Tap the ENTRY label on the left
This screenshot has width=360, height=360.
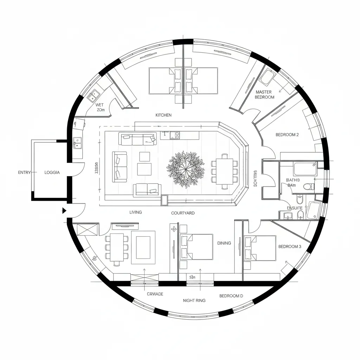tap(25, 173)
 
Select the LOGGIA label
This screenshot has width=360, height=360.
tap(52, 173)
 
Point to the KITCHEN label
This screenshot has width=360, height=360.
tap(163, 115)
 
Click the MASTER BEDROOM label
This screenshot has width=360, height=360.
tap(264, 95)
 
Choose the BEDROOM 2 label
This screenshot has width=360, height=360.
tap(287, 135)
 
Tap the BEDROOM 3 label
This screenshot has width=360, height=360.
tap(290, 246)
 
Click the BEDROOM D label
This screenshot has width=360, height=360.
tap(231, 296)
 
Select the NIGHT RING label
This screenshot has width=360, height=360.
tap(194, 301)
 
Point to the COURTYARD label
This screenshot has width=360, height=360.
tap(183, 213)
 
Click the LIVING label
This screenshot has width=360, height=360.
tap(136, 212)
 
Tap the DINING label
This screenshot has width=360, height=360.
tap(224, 243)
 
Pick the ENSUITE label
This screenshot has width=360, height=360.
tap(295, 208)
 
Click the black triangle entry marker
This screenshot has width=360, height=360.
tap(64, 211)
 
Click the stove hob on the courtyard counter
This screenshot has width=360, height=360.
tap(175, 135)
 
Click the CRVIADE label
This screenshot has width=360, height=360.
tap(155, 294)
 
